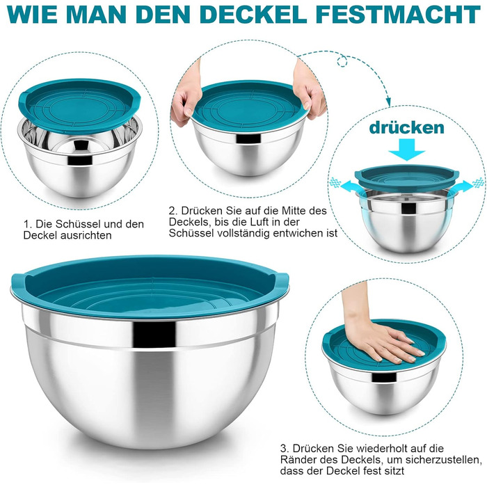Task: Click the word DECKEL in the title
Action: click(x=253, y=15)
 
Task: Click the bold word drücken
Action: click(x=406, y=127)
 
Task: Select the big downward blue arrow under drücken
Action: click(x=406, y=150)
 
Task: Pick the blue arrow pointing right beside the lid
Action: click(x=465, y=186)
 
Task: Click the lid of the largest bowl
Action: click(x=150, y=287)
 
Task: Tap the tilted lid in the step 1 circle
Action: click(x=79, y=102)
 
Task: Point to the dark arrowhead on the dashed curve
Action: click(x=388, y=102)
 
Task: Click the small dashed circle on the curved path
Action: click(x=342, y=60)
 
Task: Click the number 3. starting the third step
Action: click(x=285, y=448)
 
